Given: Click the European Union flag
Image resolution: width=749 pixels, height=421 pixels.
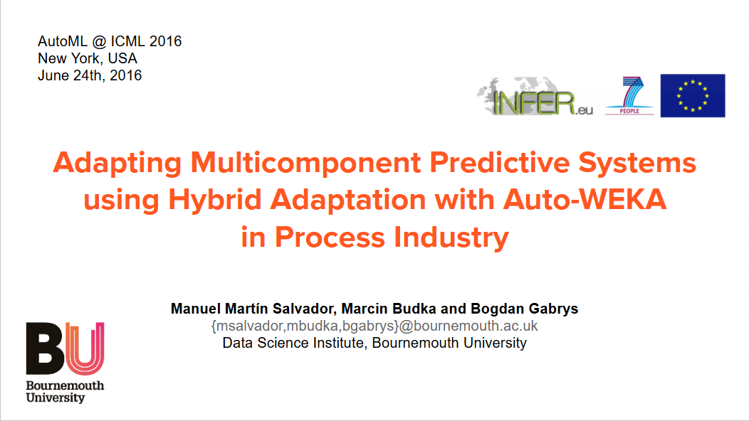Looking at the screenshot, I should point(692,95).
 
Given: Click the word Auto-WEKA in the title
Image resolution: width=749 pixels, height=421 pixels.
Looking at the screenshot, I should point(585,200).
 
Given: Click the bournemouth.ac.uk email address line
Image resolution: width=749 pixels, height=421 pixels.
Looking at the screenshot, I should point(374,326).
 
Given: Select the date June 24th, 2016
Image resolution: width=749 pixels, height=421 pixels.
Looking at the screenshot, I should point(90,75).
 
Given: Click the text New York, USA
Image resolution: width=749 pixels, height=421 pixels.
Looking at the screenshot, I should point(88,58).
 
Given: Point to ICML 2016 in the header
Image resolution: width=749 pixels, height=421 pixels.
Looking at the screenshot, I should point(146,41).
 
